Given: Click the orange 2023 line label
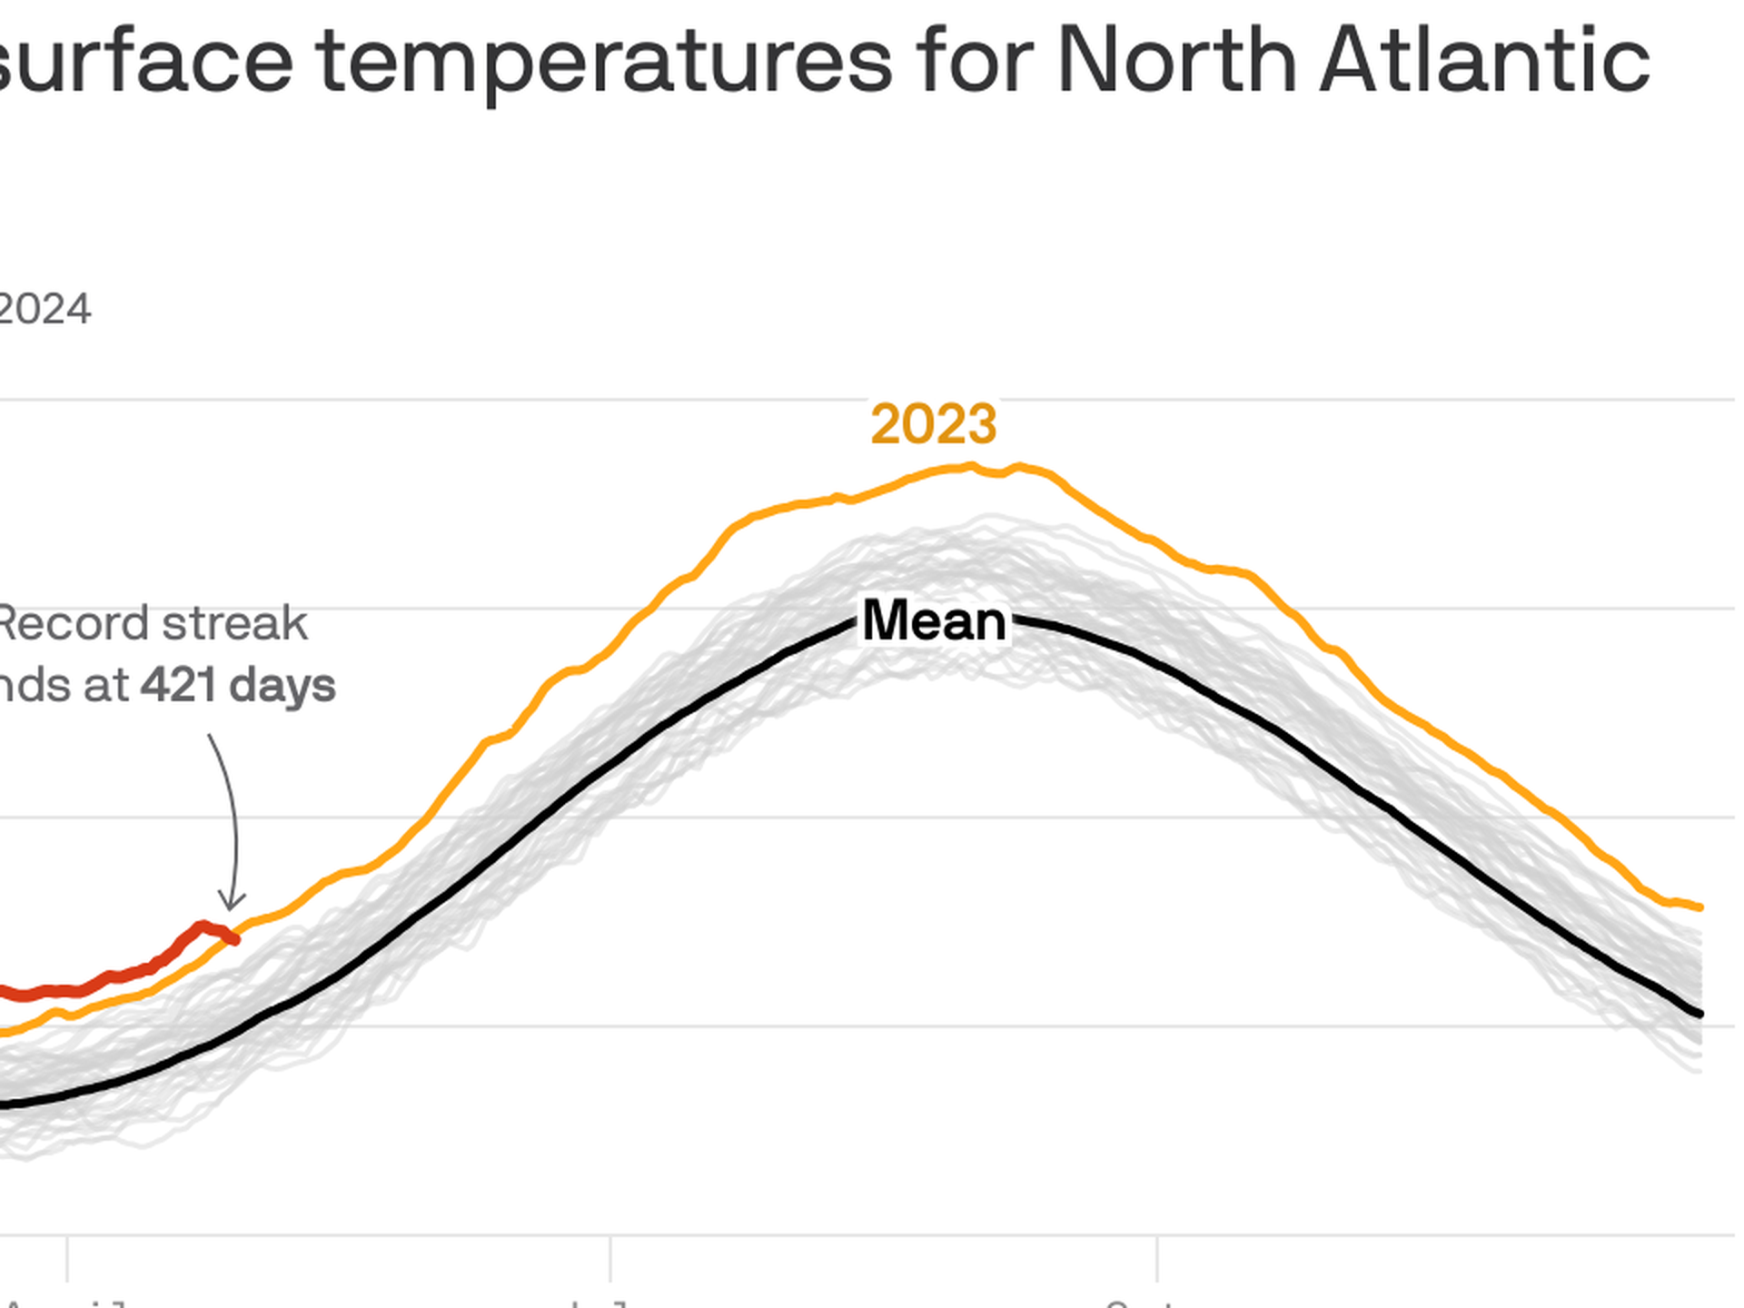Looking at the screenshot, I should click(x=933, y=424).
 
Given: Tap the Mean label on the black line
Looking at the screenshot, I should click(x=934, y=621).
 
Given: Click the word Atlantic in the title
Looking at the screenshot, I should click(x=1484, y=60).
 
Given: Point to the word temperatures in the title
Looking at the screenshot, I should click(x=605, y=62).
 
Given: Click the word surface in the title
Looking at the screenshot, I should click(x=145, y=62).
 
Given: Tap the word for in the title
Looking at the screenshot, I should click(x=974, y=60).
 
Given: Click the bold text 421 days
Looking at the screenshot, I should click(x=238, y=685).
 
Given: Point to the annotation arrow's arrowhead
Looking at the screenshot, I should click(x=232, y=906).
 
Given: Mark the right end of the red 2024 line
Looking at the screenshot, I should click(x=236, y=940).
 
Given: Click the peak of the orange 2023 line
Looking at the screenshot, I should click(x=972, y=467).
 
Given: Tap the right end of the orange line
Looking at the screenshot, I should click(x=1700, y=907).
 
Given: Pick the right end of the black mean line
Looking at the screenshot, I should click(x=1700, y=1014).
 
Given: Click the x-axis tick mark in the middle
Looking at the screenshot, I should click(x=610, y=1257).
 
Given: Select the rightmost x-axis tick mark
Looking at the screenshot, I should click(x=1157, y=1257).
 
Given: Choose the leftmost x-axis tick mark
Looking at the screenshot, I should click(x=67, y=1257).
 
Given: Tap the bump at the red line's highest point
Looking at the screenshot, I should click(x=203, y=926).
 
